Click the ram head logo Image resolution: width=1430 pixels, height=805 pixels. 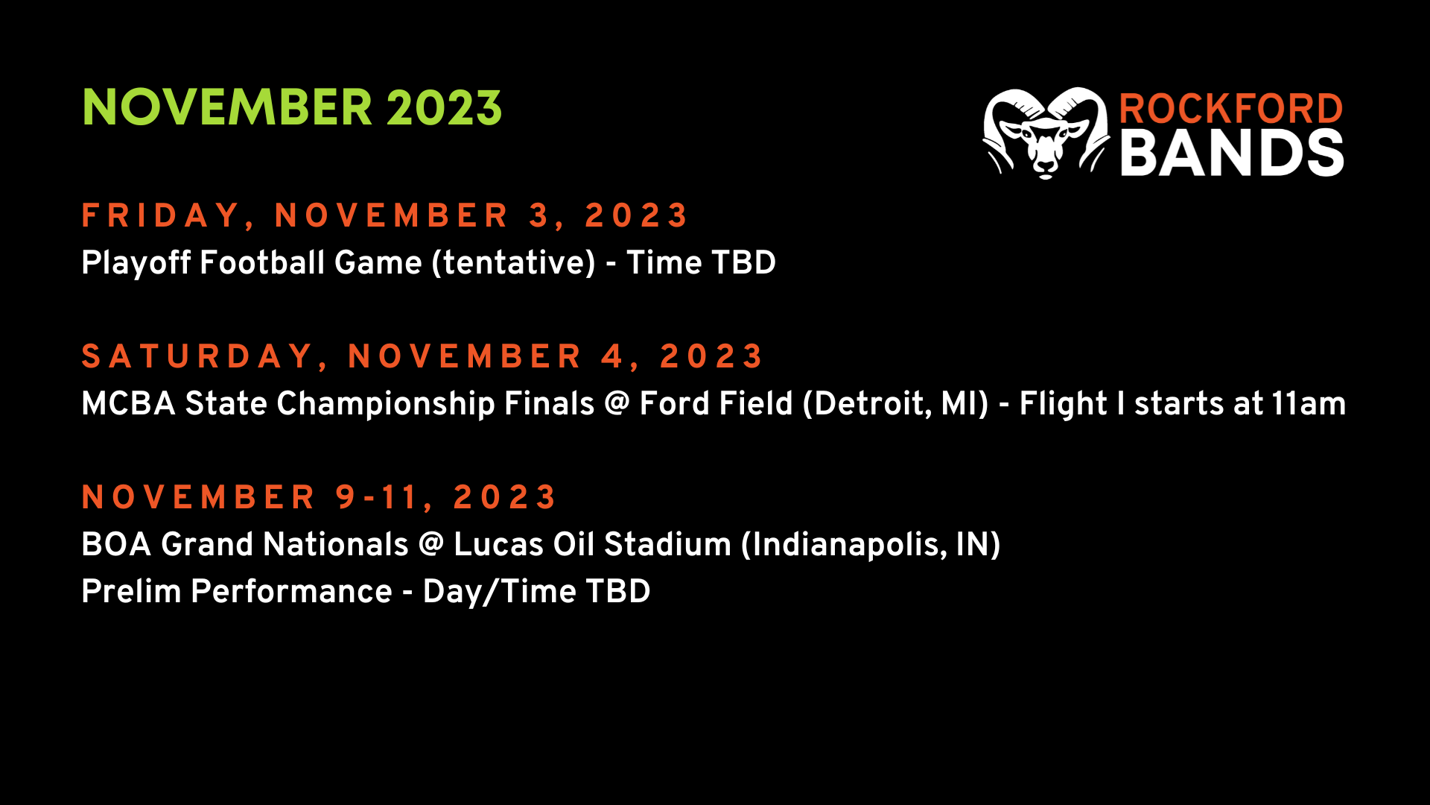[1046, 133]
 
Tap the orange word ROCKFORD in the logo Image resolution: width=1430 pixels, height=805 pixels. [1231, 109]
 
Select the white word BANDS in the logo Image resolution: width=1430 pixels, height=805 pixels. [1233, 153]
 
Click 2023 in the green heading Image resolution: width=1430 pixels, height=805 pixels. [444, 107]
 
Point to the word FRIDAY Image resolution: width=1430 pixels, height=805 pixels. [160, 215]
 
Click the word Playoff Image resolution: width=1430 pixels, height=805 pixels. [136, 262]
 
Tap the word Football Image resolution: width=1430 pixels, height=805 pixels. [263, 262]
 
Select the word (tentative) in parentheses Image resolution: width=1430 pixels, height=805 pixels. [514, 263]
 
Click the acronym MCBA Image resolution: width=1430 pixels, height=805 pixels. [128, 403]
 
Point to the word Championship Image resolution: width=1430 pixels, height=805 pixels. [386, 404]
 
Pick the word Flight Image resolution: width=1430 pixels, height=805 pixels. [1063, 404]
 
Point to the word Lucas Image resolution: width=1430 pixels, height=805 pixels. [499, 544]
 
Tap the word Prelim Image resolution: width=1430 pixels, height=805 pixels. [132, 591]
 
